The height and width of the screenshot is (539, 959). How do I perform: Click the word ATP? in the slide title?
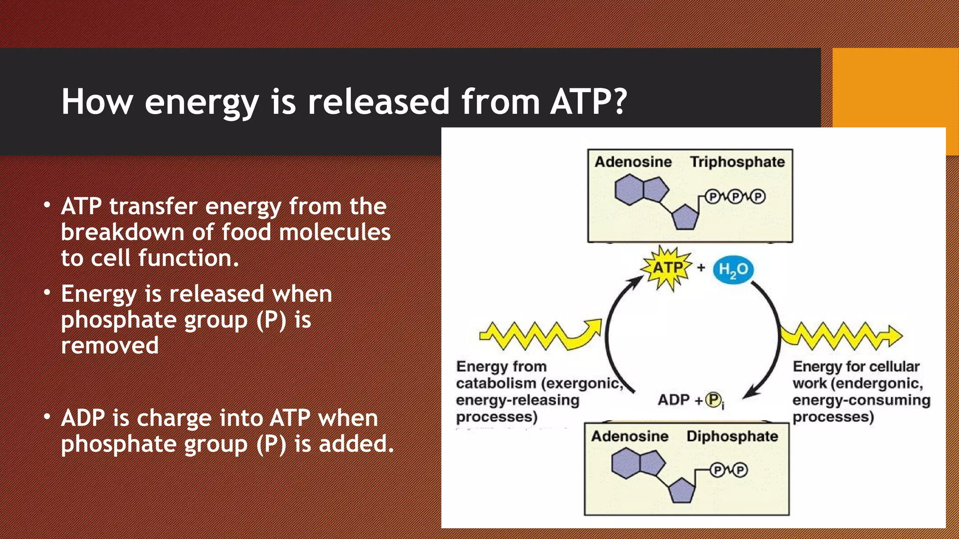pos(588,101)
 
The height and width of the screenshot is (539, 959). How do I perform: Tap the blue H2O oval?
pos(733,269)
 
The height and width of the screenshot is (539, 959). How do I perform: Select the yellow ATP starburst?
pos(667,268)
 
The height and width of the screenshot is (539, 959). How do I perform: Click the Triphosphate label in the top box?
pos(737,162)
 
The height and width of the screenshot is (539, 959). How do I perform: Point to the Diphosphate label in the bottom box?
pos(732,436)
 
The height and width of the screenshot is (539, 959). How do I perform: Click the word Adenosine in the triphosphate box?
pos(633,162)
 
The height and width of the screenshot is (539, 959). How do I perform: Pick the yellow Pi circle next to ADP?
pos(713,400)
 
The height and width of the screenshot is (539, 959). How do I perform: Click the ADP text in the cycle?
pos(673,400)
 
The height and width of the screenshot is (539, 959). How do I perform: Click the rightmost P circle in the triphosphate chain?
pos(758,197)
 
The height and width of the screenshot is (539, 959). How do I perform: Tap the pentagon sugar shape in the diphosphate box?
pos(682,491)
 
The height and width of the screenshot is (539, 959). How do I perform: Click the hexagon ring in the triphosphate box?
pos(628,190)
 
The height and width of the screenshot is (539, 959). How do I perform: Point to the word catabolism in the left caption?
pos(496,383)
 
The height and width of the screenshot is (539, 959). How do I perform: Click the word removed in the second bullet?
pos(110,346)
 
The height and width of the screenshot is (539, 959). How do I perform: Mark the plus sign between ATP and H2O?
pos(701,268)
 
